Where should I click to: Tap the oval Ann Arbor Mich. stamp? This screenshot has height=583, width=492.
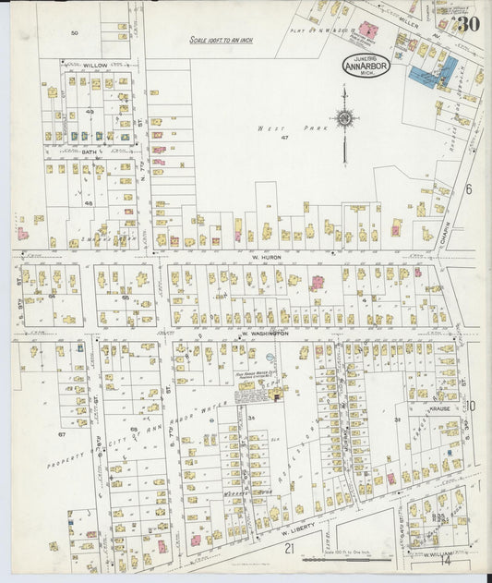366,66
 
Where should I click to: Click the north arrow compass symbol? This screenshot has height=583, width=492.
344,118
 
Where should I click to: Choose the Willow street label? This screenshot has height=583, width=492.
94,66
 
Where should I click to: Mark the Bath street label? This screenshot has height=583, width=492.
90,152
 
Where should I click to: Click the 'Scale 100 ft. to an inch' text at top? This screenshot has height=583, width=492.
221,41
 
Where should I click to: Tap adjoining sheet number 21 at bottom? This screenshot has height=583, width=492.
289,548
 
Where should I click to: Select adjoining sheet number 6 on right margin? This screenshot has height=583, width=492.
468,188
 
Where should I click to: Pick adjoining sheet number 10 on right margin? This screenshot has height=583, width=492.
469,406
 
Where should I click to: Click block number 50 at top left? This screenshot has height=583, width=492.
75,32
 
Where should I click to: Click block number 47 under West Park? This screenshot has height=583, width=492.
285,138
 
